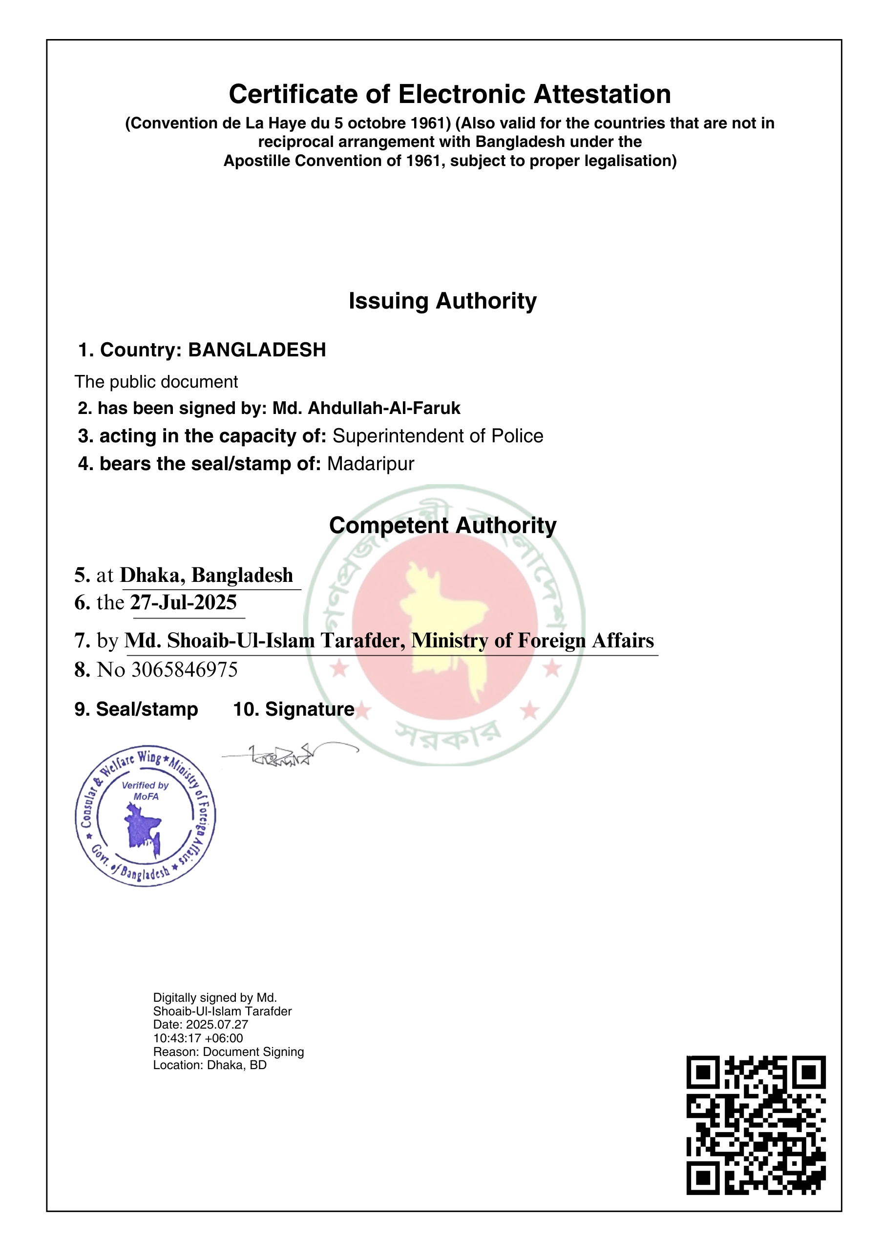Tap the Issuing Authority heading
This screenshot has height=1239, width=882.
pos(442,301)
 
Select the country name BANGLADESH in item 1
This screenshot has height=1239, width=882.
pos(257,350)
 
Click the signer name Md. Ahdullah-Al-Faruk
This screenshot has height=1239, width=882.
pos(366,408)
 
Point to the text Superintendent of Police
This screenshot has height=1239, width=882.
pos(438,436)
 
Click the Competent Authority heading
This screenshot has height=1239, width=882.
pos(442,526)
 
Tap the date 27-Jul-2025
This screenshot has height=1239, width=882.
pos(184,603)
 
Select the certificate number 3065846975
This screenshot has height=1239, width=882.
pos(185,670)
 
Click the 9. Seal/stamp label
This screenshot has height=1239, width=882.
pos(136,710)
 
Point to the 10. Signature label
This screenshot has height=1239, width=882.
pos(294,710)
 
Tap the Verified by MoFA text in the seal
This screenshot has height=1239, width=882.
pos(145,790)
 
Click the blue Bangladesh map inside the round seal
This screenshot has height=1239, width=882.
pos(143,828)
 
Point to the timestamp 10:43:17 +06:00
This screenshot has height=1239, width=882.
pos(198,1038)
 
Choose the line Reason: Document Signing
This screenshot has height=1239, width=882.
pos(228,1052)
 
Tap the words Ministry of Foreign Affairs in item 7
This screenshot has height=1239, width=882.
pos(532,640)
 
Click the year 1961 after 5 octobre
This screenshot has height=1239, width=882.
pos(427,123)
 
